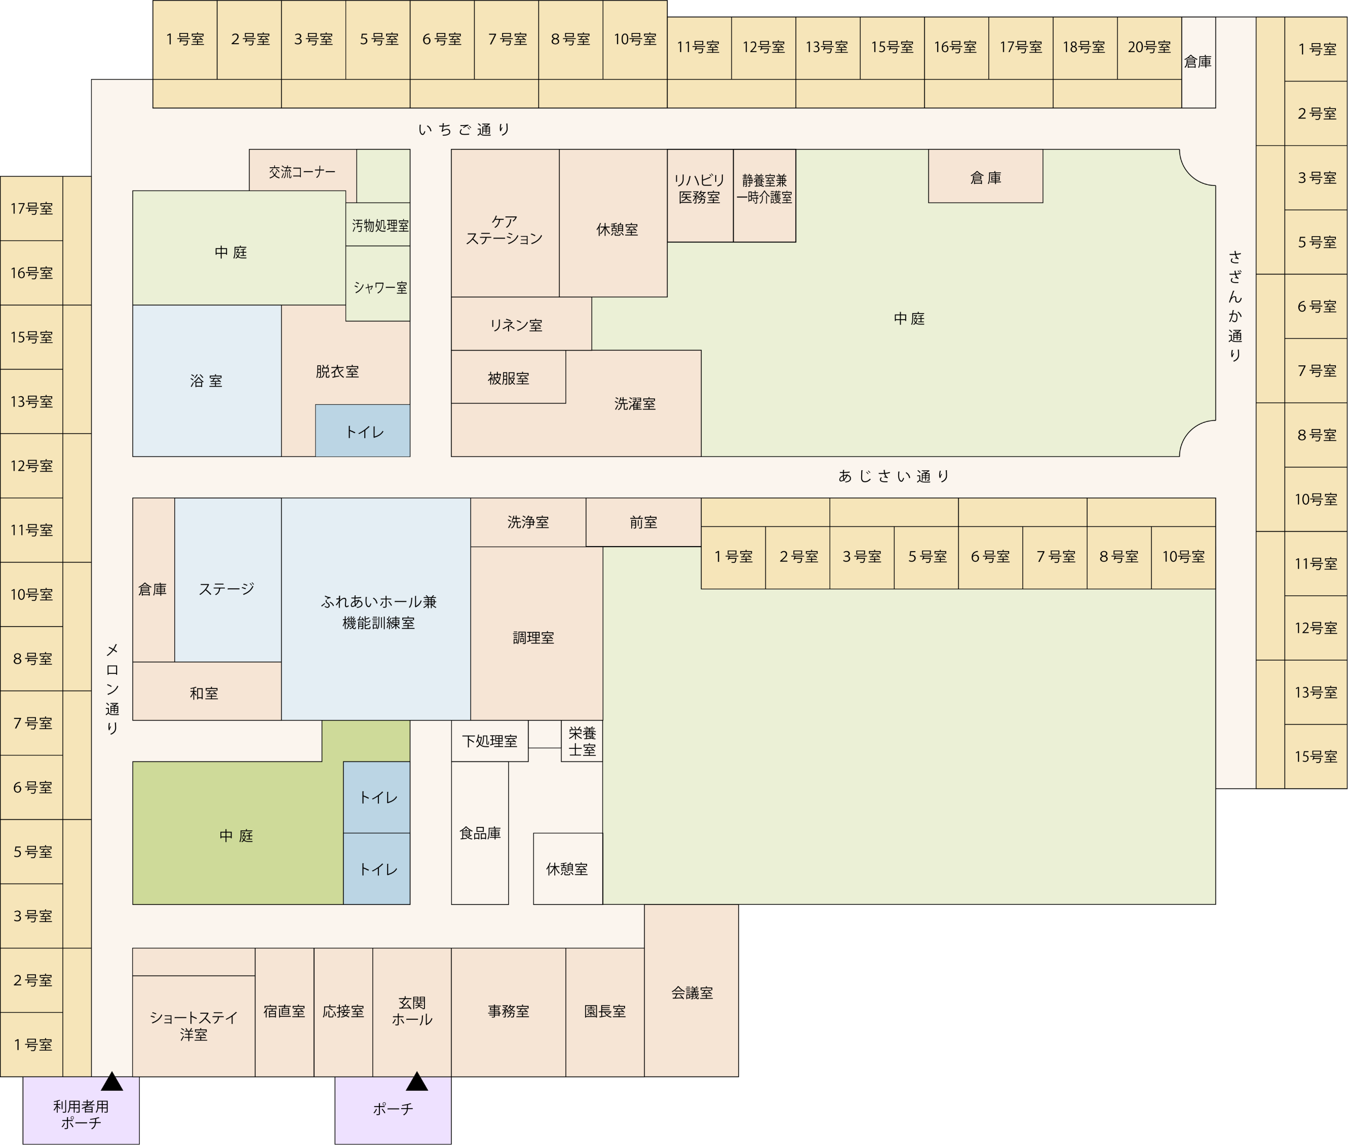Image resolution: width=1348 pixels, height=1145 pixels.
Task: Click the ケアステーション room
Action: (x=504, y=230)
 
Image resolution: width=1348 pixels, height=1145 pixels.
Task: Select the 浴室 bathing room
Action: (x=206, y=381)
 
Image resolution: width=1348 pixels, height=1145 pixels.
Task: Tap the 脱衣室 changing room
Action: (x=337, y=371)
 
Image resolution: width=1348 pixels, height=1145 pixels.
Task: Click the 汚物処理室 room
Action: (x=379, y=226)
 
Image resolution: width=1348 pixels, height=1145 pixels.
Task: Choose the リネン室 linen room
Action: (x=517, y=325)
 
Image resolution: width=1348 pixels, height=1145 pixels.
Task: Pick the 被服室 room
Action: (x=508, y=378)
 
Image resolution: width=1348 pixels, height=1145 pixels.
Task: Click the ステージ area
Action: (x=226, y=589)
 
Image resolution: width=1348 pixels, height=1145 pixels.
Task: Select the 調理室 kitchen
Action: (x=533, y=637)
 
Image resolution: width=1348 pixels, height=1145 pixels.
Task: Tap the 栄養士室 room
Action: (x=582, y=741)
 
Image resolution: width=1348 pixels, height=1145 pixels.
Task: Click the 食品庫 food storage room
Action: (x=480, y=833)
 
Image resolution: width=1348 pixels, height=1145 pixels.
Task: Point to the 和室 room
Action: (x=204, y=693)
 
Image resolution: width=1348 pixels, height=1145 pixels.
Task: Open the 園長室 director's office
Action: (x=605, y=1011)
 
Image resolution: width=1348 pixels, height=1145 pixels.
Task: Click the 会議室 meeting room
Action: (x=692, y=993)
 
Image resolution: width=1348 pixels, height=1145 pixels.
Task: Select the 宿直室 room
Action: (x=284, y=1011)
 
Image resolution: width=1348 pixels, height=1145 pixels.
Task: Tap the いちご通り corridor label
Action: (x=465, y=130)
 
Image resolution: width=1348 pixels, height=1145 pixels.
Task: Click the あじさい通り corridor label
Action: (x=894, y=476)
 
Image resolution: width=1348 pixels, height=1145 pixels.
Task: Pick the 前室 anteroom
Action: (x=643, y=522)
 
